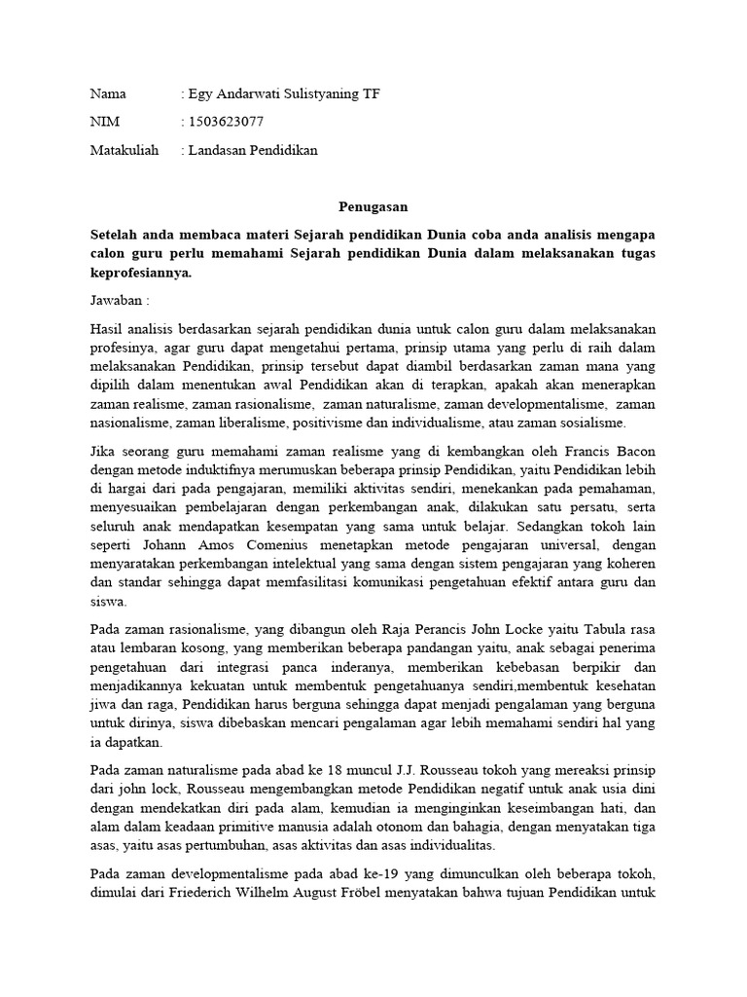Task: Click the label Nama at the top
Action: coord(109,94)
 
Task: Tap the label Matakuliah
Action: coord(124,150)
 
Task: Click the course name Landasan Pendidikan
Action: coord(253,150)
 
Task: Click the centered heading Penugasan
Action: coord(373,206)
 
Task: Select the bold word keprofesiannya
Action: coord(141,274)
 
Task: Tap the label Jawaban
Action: coord(117,302)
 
